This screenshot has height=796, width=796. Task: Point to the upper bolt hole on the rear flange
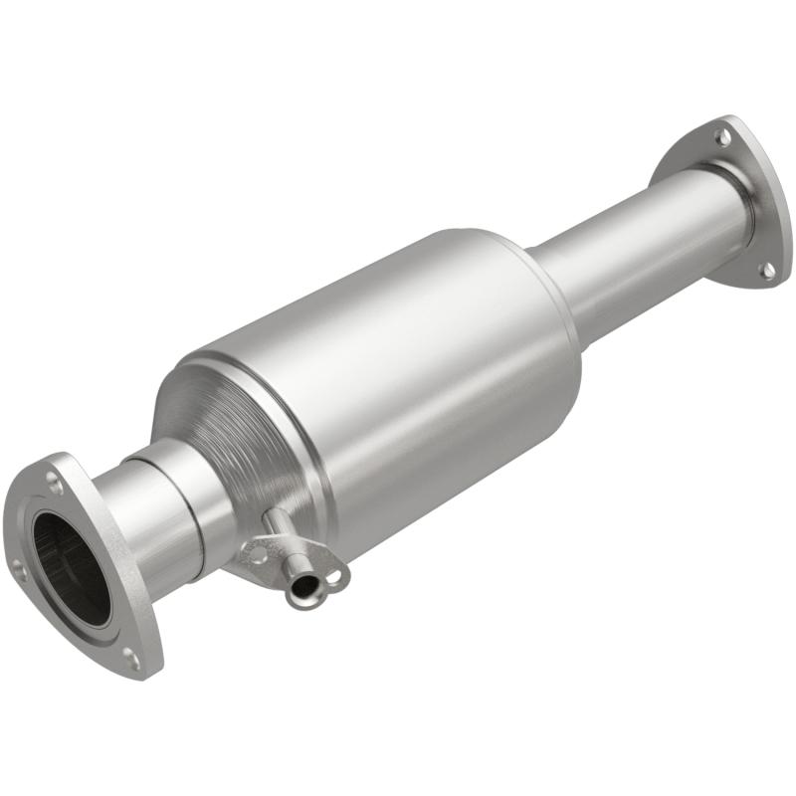click(723, 134)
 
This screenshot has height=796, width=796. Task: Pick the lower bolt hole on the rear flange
click(766, 269)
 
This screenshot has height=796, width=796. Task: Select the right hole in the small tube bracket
click(336, 575)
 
